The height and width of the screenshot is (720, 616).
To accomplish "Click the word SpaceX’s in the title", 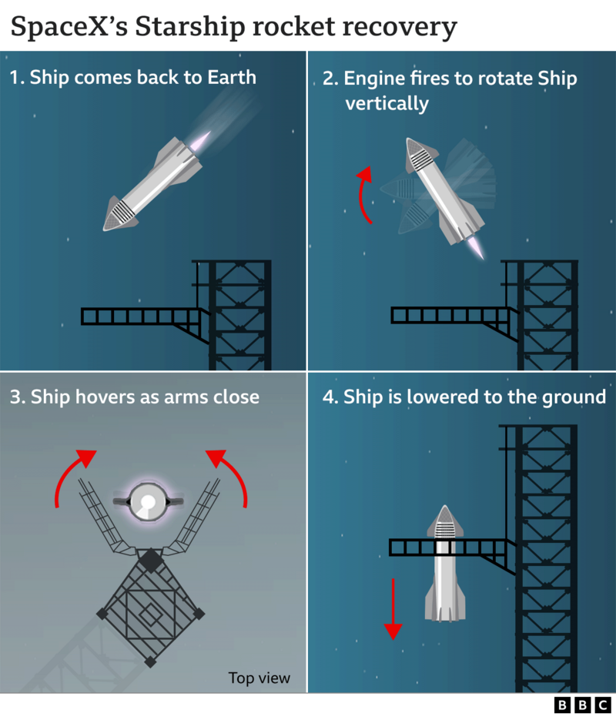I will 68,28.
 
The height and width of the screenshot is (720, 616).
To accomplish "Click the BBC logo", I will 582,705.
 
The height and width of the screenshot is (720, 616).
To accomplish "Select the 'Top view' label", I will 259,678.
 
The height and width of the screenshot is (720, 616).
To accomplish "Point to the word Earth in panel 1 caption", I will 229,78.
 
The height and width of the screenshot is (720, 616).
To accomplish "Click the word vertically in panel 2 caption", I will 387,104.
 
